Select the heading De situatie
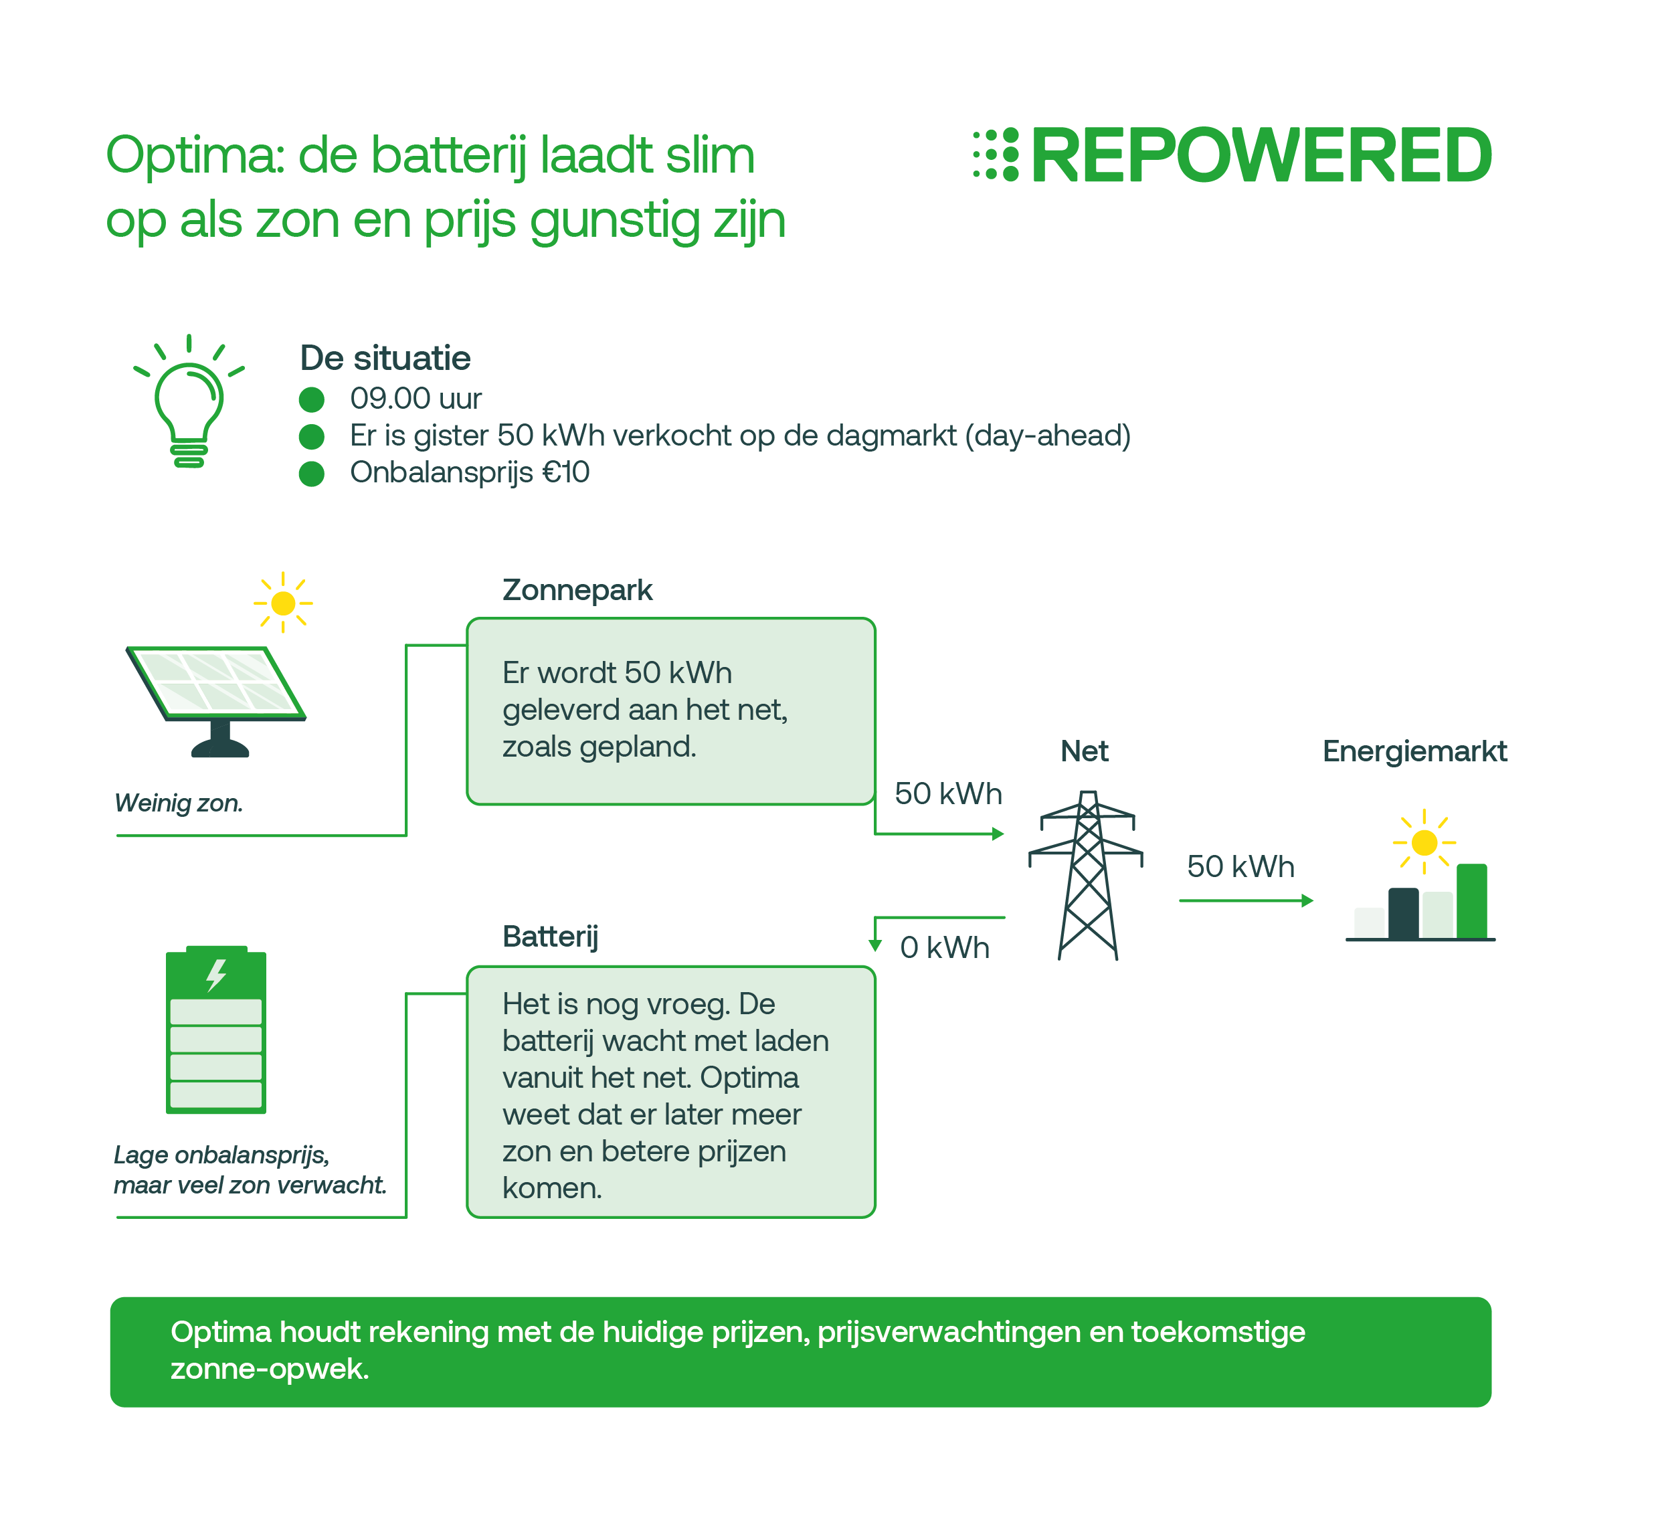(385, 359)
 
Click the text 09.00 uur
(415, 399)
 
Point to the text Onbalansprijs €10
(469, 472)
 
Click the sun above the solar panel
(283, 603)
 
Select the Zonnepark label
(577, 590)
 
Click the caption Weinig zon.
(179, 803)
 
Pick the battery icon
(216, 1030)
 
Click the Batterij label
(550, 937)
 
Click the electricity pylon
(1087, 876)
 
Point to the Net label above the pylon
(1084, 751)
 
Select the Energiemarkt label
(1414, 751)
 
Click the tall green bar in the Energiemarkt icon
(1471, 902)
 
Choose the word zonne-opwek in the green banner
(270, 1369)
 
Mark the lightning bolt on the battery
(217, 975)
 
